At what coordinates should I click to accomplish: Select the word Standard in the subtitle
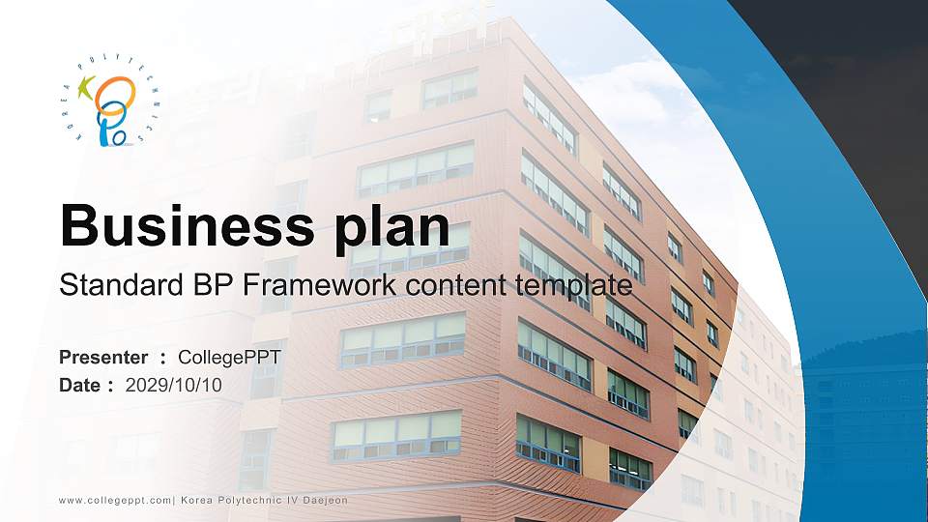[x=104, y=286]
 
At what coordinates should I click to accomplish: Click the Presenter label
[x=103, y=358]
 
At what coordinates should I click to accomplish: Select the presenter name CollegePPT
[x=236, y=358]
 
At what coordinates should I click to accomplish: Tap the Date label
[x=80, y=385]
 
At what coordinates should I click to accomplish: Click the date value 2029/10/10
[x=174, y=385]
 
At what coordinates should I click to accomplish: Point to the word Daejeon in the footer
[x=323, y=500]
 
